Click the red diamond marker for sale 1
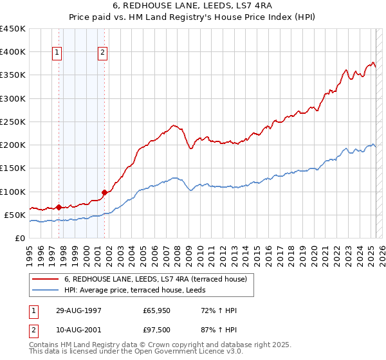tap(59, 207)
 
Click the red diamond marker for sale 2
tap(103, 192)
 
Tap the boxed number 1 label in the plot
tap(57, 53)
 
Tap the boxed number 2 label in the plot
tap(102, 53)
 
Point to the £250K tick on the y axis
tap(13, 122)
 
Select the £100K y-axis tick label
tap(13, 192)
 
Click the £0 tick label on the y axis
tap(19, 238)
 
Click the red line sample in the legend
tap(44, 279)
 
